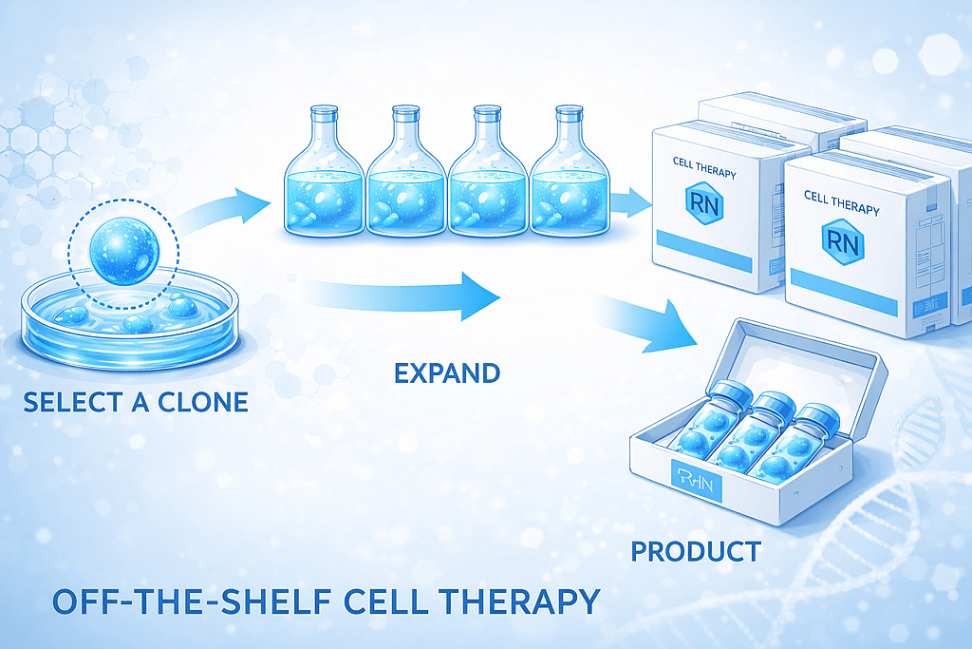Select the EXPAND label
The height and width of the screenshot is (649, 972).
click(x=446, y=372)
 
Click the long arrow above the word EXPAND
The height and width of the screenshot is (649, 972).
click(x=408, y=296)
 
